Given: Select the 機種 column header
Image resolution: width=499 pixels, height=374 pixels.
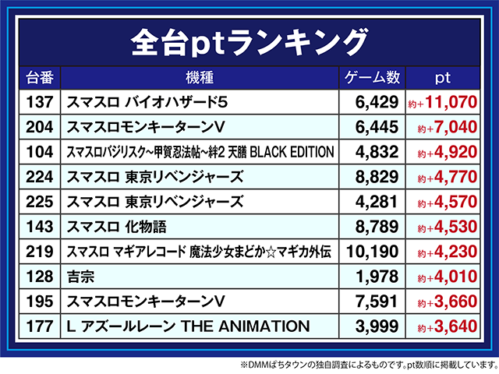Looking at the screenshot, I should (200, 77).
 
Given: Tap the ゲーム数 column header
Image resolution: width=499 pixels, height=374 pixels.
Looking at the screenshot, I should (372, 77).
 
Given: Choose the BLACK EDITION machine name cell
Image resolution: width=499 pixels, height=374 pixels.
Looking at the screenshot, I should (200, 151).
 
